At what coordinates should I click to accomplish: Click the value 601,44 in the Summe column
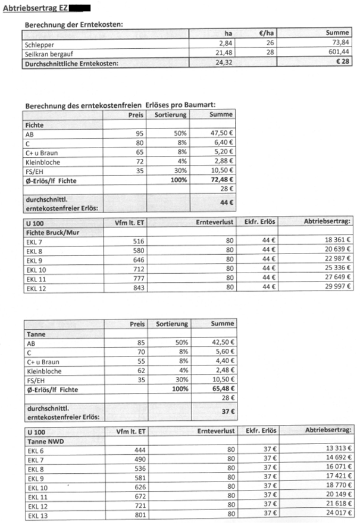click(x=336, y=53)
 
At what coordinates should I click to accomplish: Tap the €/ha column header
click(x=266, y=34)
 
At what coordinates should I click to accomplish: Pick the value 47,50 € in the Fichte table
click(x=220, y=134)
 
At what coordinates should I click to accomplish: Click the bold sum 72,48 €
click(x=220, y=179)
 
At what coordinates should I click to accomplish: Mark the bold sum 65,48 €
click(x=220, y=389)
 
